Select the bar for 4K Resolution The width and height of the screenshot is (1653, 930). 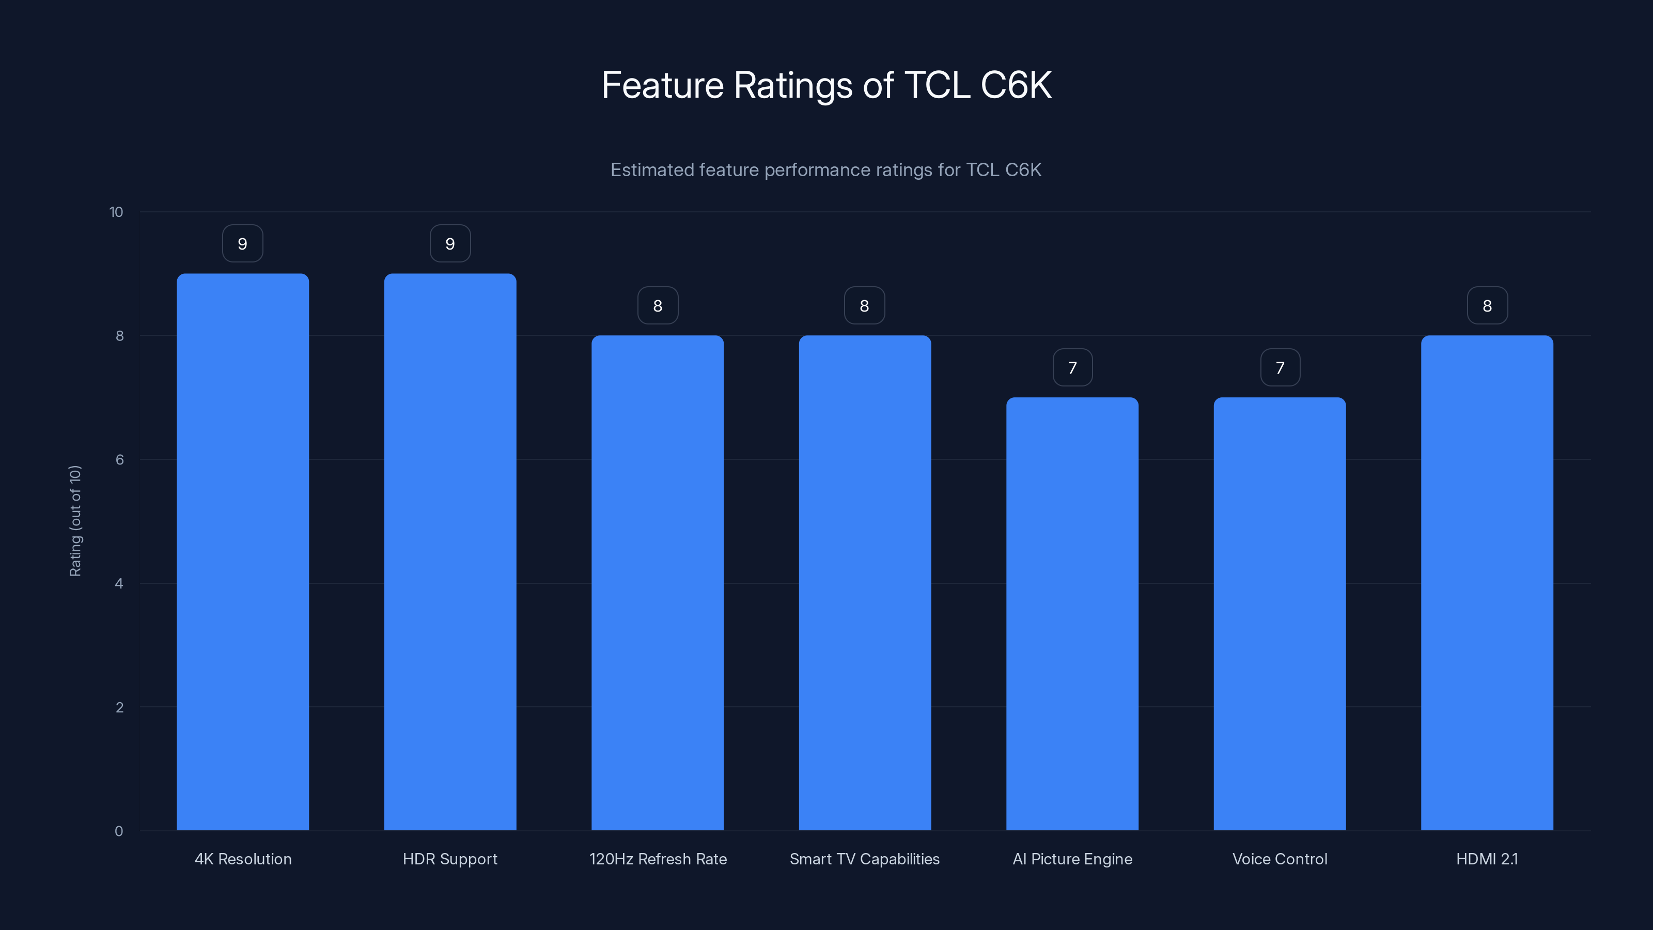pos(243,552)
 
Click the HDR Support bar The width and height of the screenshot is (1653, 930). pos(450,552)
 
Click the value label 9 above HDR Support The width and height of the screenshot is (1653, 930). pos(450,244)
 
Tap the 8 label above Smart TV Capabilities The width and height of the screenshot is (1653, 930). pos(864,306)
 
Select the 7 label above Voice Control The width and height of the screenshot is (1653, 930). pos(1280,368)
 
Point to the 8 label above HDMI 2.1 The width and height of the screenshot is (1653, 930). pos(1487,306)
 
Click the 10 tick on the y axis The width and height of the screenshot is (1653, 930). pos(116,212)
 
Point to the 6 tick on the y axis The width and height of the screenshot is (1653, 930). pos(119,459)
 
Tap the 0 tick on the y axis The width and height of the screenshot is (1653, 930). pos(119,831)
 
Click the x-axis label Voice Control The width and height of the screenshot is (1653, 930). pos(1280,859)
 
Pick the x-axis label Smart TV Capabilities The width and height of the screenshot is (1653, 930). pos(864,859)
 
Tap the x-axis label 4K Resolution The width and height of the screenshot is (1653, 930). pos(243,859)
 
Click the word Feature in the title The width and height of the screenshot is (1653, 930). pos(662,85)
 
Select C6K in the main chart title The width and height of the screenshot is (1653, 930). pos(1016,85)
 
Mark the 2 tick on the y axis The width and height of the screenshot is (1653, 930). pos(119,707)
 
